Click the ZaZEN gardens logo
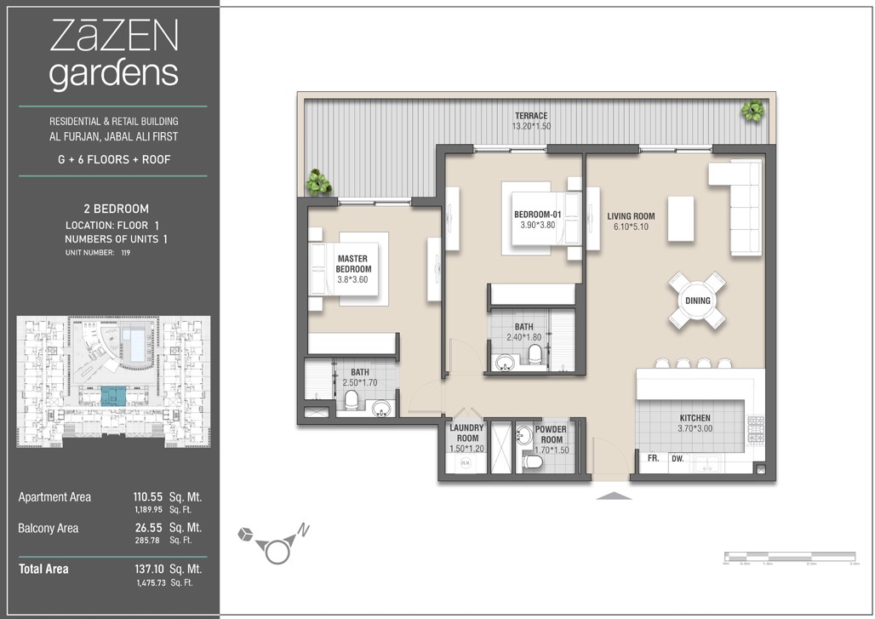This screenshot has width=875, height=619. click(113, 55)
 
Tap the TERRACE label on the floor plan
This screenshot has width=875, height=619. click(530, 116)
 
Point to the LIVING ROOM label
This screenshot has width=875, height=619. click(631, 216)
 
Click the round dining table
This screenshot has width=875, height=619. click(697, 301)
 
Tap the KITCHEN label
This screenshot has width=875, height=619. click(695, 418)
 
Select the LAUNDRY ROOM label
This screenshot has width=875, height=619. click(466, 433)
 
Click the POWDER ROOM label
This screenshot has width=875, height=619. click(552, 434)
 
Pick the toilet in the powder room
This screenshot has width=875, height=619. click(532, 462)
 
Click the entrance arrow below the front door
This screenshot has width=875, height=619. click(614, 495)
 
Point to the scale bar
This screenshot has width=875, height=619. click(788, 558)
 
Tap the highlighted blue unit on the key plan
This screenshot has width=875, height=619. click(112, 395)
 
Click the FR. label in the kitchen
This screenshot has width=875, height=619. click(654, 458)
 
